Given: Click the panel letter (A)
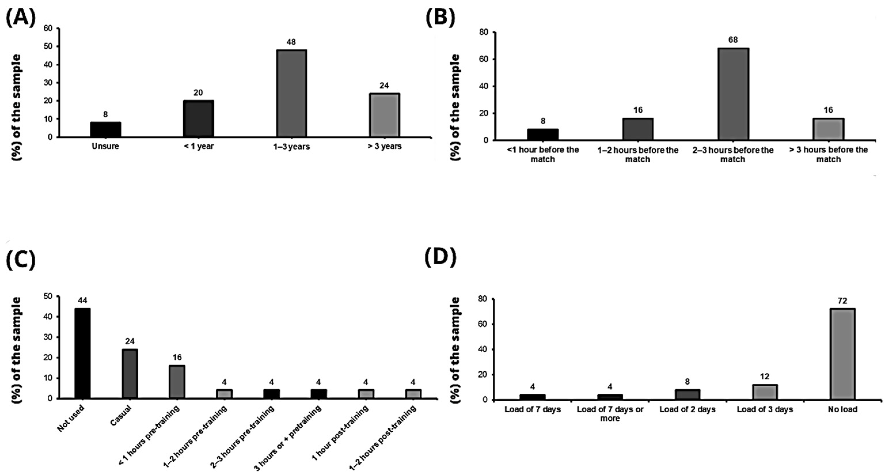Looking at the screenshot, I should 21,18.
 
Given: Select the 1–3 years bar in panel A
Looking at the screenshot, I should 291,94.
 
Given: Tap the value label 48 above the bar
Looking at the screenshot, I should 291,42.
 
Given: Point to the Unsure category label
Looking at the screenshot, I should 105,146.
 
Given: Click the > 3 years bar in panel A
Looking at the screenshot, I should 384,115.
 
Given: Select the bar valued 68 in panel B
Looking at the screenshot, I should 733,94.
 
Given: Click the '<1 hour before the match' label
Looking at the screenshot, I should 543,154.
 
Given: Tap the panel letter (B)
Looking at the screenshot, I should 441,18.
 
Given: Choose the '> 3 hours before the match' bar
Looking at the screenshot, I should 828,129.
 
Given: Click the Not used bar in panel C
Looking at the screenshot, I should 83,353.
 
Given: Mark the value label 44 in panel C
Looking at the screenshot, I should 82,300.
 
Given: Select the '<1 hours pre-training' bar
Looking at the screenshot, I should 177,382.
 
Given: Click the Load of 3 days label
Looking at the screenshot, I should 765,409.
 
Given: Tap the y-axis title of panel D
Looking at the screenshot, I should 455,350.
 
